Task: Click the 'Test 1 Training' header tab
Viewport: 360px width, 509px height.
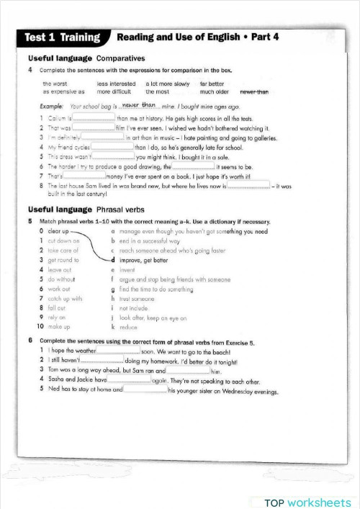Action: point(63,37)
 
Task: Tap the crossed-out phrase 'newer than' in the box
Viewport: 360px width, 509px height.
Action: point(253,92)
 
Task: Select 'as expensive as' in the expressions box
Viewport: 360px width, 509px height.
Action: point(63,92)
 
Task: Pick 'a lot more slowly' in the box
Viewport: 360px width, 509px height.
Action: point(168,84)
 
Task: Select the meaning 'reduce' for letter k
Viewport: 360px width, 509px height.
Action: point(129,326)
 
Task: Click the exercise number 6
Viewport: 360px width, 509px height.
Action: point(30,340)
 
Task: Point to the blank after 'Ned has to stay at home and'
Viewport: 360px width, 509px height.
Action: point(145,389)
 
